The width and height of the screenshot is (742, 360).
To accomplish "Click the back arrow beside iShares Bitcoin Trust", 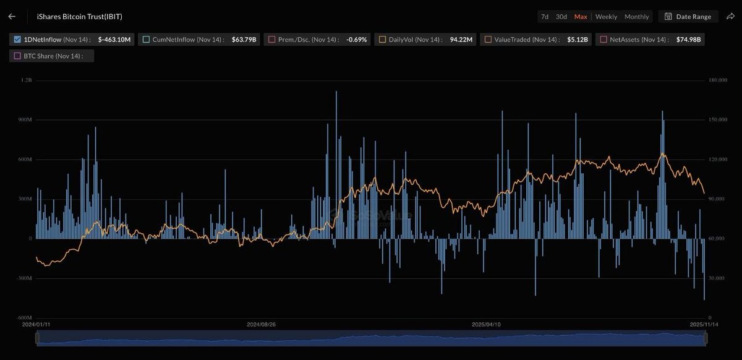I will [12, 17].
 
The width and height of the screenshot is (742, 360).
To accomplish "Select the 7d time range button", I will [544, 17].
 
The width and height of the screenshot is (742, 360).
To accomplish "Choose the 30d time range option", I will [561, 17].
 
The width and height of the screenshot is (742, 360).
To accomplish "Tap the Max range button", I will [581, 17].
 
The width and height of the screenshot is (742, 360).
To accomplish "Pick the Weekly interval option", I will [606, 17].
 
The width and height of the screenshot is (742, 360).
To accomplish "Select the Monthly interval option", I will [636, 17].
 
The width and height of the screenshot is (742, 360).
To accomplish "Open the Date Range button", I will [688, 17].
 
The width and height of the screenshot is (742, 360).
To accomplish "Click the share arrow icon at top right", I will [730, 17].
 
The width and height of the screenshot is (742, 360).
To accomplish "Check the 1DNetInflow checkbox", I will [17, 40].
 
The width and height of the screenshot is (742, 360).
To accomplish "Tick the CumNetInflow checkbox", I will [146, 40].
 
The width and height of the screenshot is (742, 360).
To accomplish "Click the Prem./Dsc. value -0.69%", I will [357, 40].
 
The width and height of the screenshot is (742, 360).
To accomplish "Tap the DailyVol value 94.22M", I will [461, 40].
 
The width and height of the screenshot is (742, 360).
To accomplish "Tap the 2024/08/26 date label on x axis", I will [261, 324].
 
